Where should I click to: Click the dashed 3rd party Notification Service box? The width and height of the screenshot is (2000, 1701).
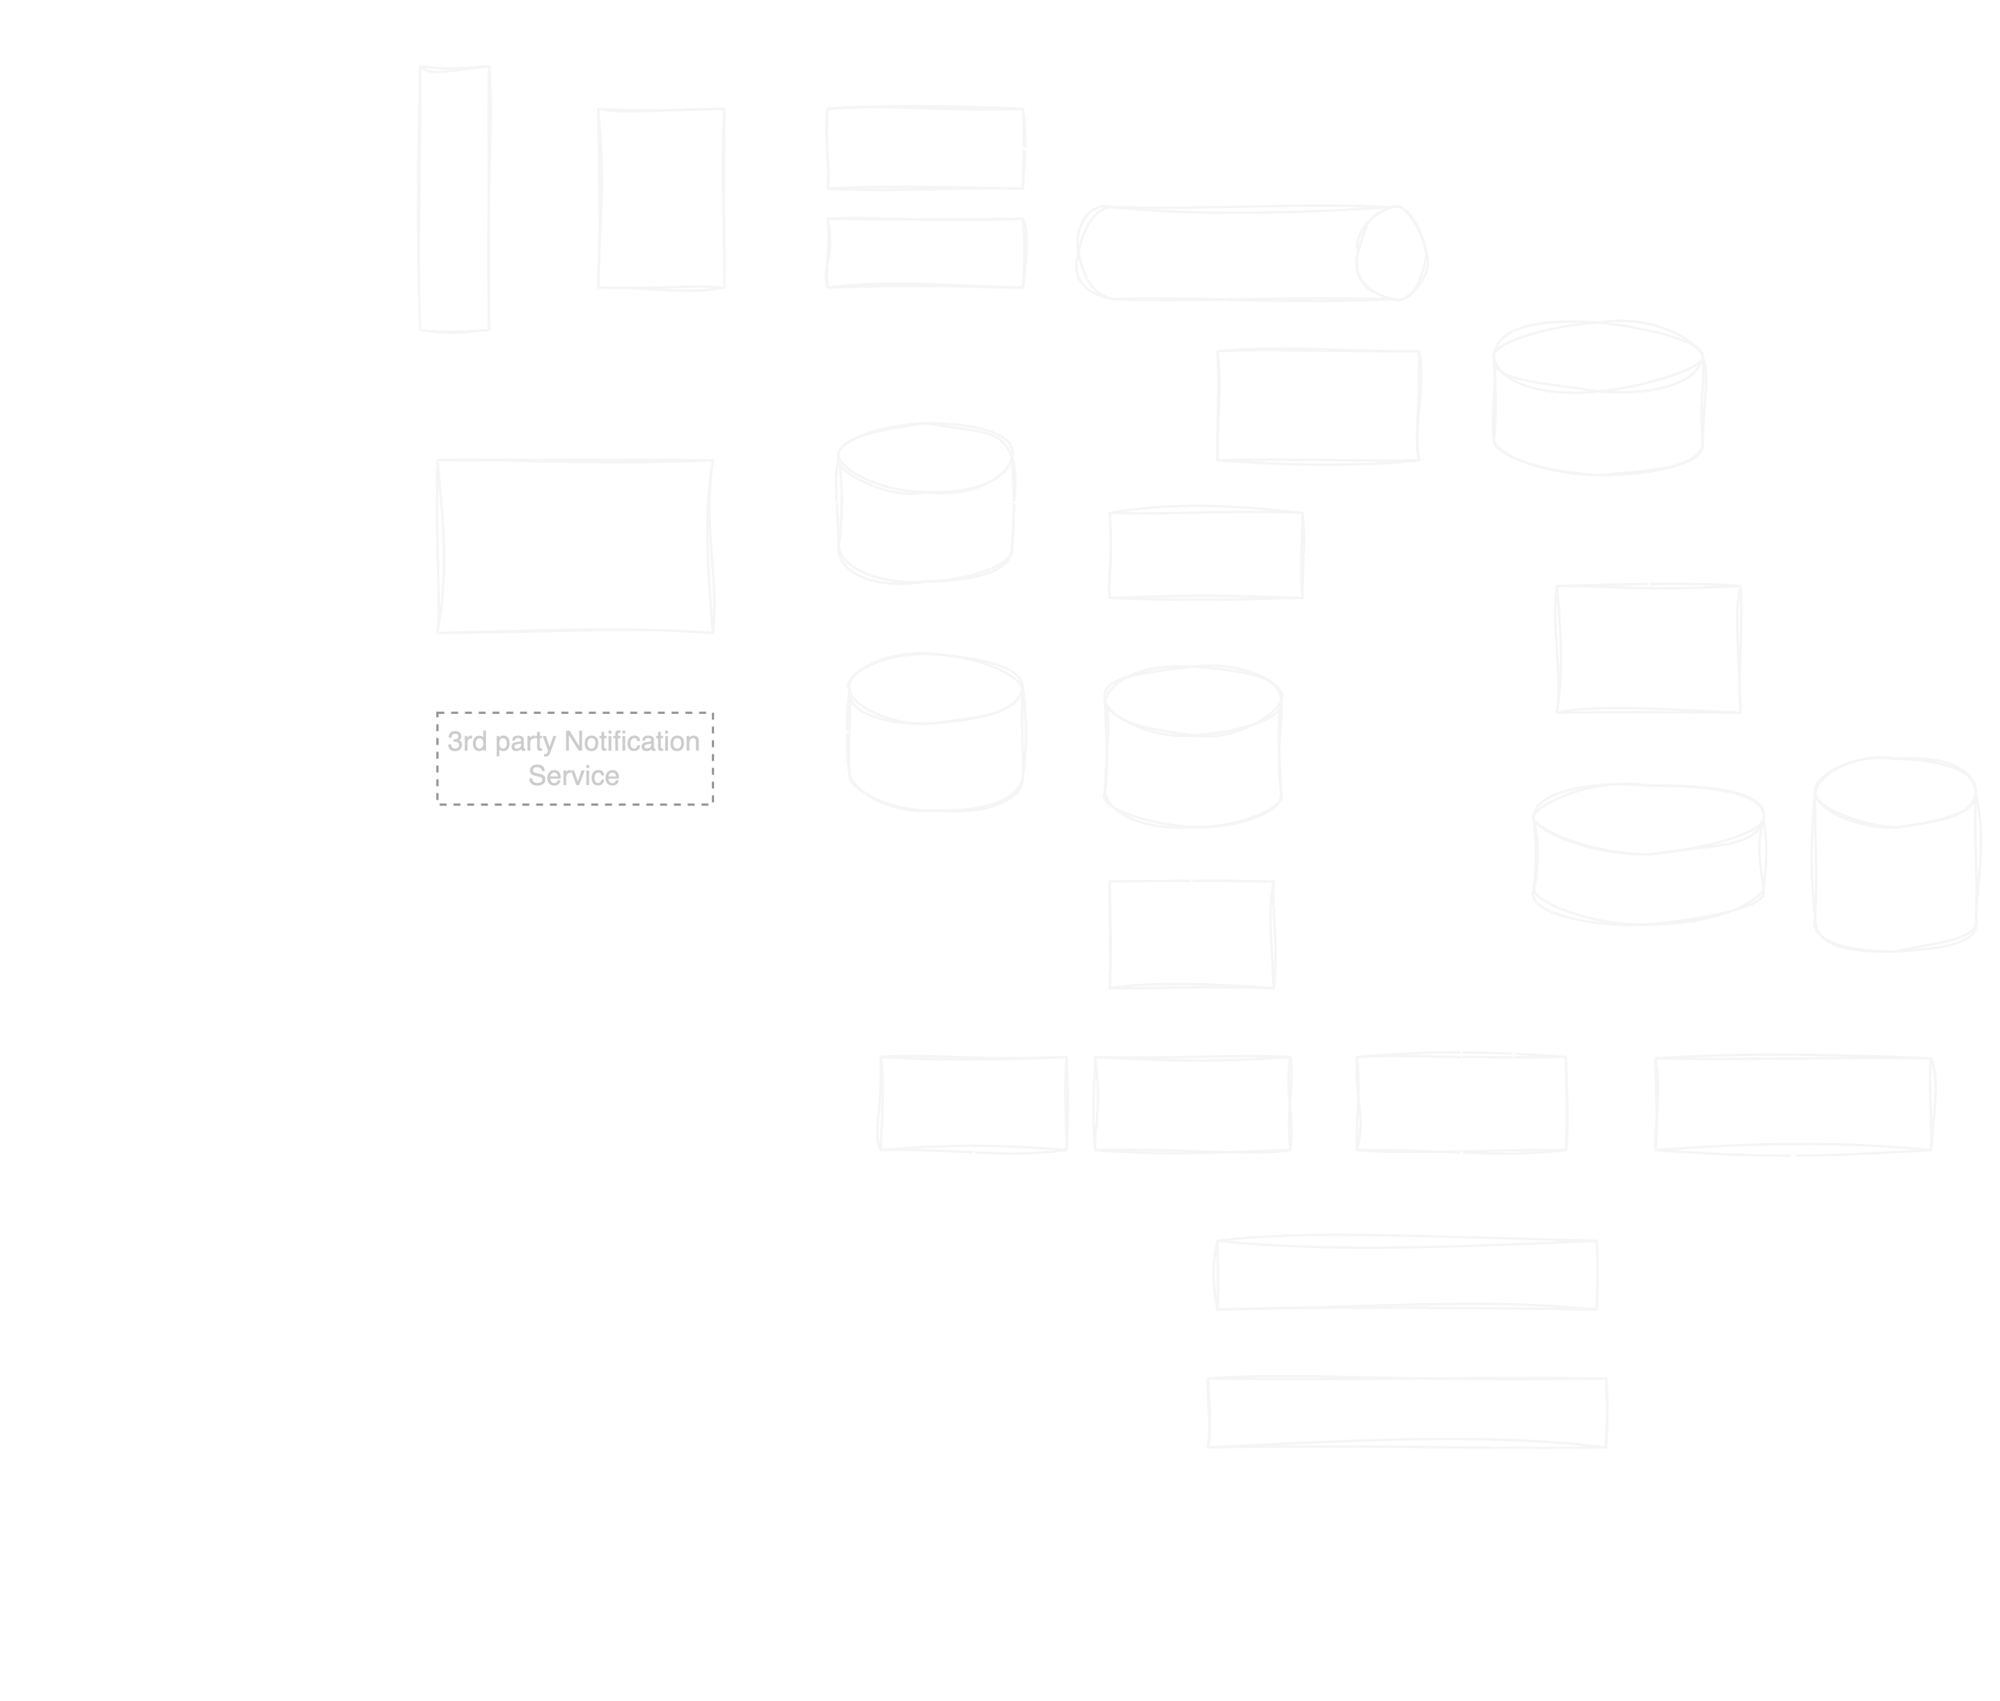tap(574, 758)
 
